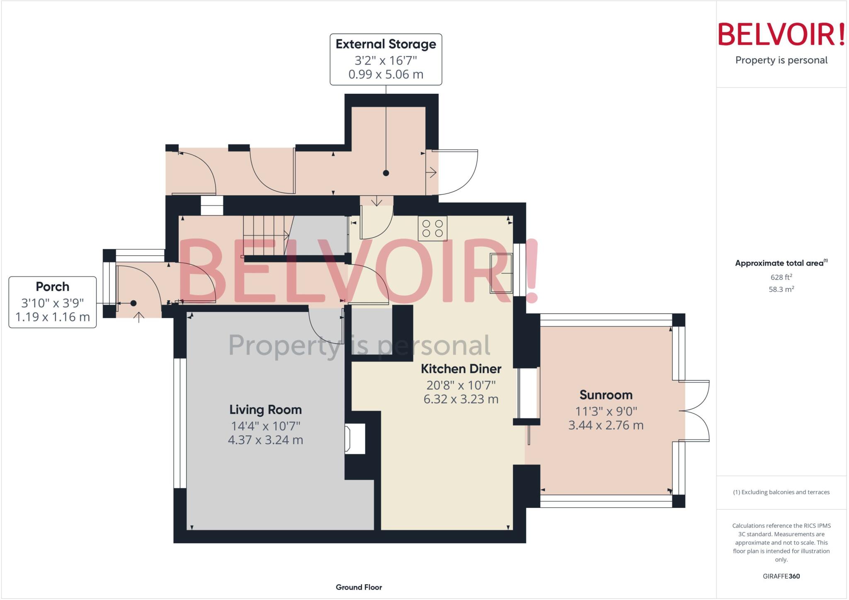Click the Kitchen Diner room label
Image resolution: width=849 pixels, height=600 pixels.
461,369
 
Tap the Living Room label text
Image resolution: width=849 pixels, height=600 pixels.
265,410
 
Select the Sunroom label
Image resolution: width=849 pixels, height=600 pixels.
606,395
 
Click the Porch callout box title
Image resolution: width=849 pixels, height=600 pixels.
52,287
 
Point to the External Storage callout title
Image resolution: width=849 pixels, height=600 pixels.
386,44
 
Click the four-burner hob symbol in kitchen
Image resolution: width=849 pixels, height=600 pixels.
432,228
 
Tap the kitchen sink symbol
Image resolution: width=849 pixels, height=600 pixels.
501,273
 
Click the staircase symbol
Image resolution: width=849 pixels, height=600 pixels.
265,235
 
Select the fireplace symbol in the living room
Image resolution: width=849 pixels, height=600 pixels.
355,438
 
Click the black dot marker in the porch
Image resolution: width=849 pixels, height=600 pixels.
133,303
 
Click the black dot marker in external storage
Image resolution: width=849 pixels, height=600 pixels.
386,173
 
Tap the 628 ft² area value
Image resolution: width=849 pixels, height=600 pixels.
781,277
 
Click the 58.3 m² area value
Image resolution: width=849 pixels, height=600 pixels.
781,289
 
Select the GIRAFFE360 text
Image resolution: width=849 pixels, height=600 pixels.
781,576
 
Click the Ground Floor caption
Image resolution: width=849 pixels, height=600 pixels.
359,587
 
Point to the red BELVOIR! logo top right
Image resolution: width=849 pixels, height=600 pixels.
781,34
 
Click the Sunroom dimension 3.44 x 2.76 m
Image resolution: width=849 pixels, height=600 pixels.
606,425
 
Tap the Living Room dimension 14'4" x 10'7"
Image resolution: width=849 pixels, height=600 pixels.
265,426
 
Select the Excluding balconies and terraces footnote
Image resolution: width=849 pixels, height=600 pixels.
781,492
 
